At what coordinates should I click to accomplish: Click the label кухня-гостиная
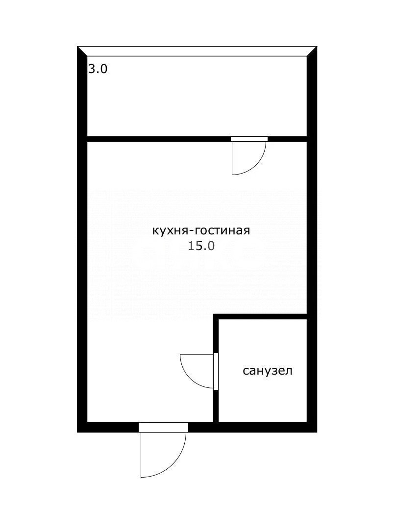201,230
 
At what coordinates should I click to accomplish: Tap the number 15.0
201,246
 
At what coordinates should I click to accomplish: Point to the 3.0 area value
98,69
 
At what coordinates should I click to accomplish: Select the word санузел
268,371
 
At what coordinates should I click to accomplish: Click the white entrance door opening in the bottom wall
163,427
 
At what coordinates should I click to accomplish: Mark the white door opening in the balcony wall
249,139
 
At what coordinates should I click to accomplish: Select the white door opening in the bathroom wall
216,371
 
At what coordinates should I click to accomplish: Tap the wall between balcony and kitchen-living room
157,139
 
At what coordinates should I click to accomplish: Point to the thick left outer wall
82,245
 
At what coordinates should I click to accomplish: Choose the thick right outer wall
312,245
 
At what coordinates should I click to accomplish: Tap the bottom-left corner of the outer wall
82,427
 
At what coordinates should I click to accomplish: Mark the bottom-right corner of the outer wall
312,427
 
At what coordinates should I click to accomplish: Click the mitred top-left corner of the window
82,51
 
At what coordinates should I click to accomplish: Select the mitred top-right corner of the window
312,51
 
